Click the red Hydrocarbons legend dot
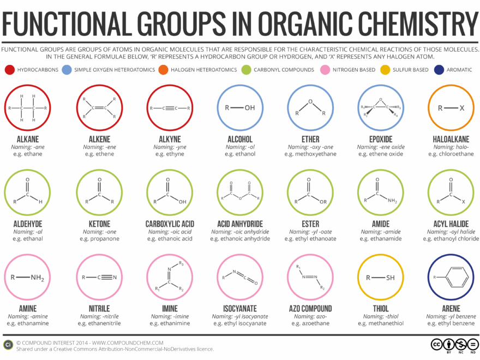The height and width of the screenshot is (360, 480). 9,70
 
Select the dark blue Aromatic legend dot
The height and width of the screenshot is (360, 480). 440,70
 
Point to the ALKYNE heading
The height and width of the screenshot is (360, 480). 169,139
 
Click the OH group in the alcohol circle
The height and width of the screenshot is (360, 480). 249,107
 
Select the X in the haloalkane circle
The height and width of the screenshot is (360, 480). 462,107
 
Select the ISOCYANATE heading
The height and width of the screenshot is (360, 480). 240,309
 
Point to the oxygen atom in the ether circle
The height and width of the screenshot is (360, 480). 310,101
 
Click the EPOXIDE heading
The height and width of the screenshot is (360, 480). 380,139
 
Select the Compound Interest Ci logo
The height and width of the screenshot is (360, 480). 8,344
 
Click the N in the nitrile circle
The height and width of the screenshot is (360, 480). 115,277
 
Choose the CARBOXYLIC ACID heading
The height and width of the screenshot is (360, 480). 169,224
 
